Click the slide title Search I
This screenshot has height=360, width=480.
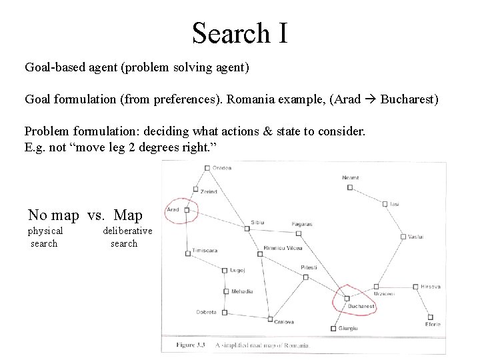(x=240, y=32)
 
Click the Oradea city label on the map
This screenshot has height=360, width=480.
(x=222, y=168)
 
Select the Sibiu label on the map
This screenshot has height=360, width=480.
(x=257, y=222)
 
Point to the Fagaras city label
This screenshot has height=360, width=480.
(x=302, y=224)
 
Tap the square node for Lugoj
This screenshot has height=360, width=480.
(x=225, y=271)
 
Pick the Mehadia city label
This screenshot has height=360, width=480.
(x=242, y=291)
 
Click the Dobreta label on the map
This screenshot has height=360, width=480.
(x=206, y=311)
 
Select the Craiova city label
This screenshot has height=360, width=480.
(x=285, y=321)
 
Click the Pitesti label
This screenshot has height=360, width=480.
(x=309, y=267)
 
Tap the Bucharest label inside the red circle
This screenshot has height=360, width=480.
(x=361, y=307)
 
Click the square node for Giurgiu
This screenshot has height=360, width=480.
(x=333, y=328)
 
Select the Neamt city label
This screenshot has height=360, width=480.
(x=350, y=178)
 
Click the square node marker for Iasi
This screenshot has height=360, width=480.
(x=385, y=203)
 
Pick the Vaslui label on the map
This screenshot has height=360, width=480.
(x=416, y=237)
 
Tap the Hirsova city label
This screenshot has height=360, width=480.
(x=431, y=287)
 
